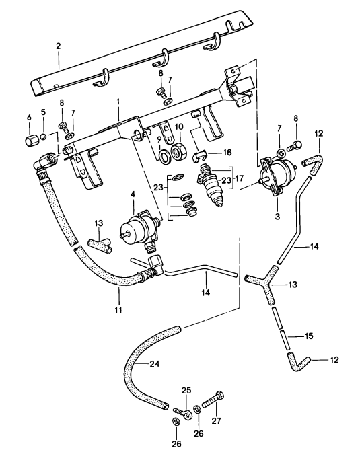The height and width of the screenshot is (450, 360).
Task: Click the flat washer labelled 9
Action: coord(164,159)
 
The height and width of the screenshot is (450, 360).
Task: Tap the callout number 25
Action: coord(186,389)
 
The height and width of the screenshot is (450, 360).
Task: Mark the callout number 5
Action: coord(43,112)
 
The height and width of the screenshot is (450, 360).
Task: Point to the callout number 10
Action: coord(179,126)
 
